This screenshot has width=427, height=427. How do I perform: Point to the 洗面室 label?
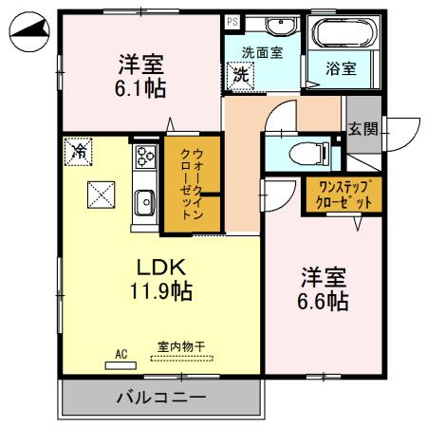[x=262, y=54]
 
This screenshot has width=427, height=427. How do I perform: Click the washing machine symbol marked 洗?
[x=241, y=74]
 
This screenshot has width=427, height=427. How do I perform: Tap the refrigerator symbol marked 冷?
[x=80, y=150]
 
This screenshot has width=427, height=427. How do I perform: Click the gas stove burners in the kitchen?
[x=145, y=158]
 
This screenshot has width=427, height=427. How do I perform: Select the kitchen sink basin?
[x=145, y=201]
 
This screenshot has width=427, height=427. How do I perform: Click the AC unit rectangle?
[x=121, y=363]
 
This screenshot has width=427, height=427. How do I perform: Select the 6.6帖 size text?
[x=324, y=303]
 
